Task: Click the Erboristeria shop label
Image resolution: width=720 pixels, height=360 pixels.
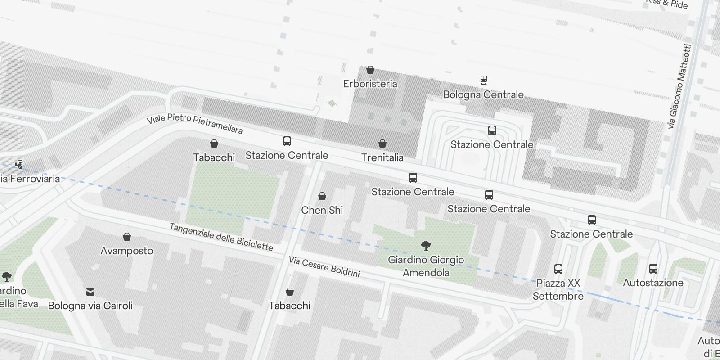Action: tap(370, 84)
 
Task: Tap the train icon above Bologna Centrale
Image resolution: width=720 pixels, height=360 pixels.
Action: tap(484, 80)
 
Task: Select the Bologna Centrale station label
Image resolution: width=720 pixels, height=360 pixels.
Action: tap(483, 94)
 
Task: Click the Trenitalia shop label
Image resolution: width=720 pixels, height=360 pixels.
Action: tap(382, 157)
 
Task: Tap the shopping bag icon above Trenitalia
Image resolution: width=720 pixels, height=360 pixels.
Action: tap(382, 144)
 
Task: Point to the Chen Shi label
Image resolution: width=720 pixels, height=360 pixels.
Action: tap(322, 210)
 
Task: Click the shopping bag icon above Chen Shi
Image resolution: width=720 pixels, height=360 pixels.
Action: tap(322, 196)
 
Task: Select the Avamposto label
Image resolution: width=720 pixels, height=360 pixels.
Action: tap(126, 251)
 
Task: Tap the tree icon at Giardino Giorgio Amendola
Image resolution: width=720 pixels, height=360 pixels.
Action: tap(426, 245)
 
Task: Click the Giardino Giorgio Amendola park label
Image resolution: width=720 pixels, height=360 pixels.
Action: tap(426, 266)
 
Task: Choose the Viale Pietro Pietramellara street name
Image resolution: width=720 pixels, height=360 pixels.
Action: tap(194, 124)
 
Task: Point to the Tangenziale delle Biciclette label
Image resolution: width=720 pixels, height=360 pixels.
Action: tap(221, 237)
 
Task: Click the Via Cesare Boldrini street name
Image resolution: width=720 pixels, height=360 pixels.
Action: tap(324, 266)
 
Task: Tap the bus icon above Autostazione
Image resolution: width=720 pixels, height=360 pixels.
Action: tap(653, 269)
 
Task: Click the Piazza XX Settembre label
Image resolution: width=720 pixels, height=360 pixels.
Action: tap(558, 289)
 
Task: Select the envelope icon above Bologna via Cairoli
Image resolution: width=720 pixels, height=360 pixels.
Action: tap(90, 292)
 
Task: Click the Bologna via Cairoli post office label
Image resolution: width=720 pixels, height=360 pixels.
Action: tap(90, 306)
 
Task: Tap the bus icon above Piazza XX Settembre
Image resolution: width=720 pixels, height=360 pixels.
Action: tap(558, 269)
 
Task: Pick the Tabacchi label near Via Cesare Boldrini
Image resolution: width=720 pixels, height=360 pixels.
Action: tap(289, 306)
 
